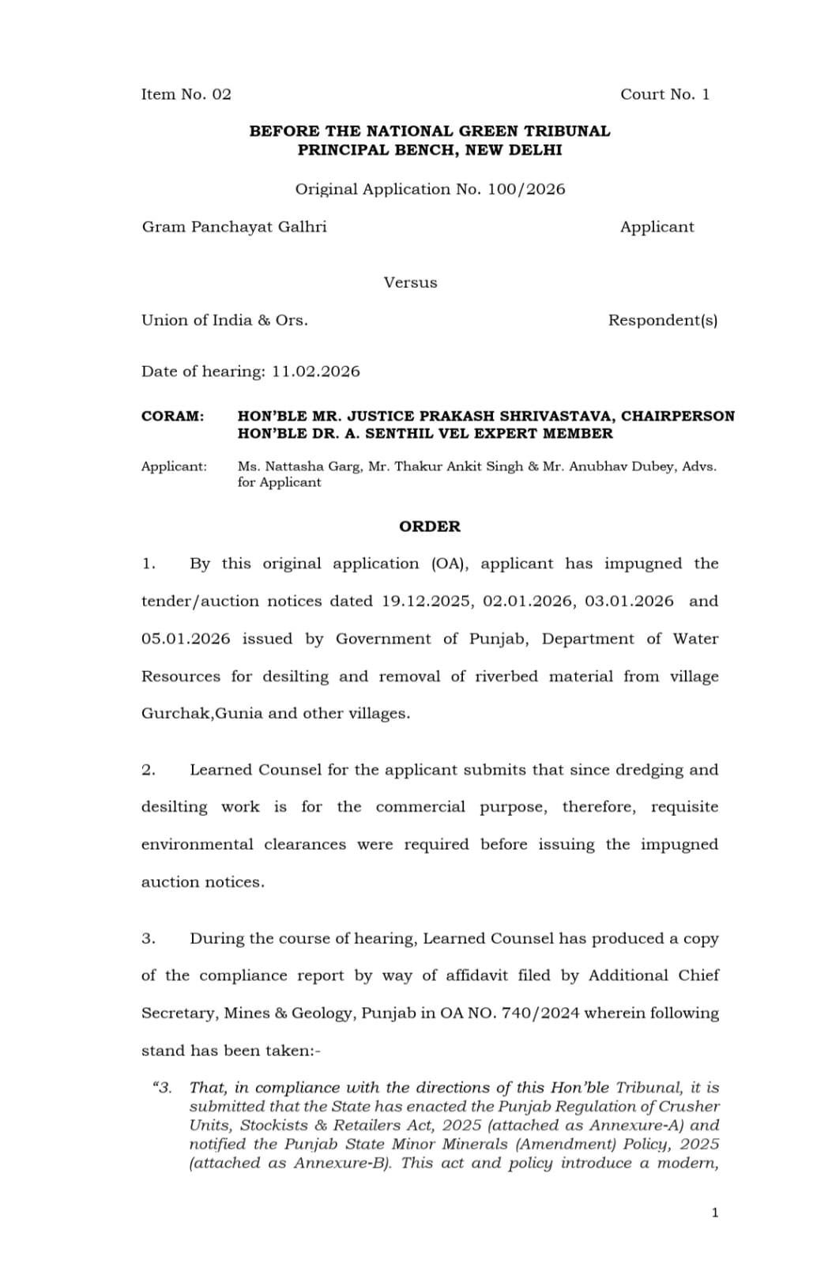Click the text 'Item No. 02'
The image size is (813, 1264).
coord(186,94)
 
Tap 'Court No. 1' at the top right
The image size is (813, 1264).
coord(664,94)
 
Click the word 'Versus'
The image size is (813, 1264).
coord(410,282)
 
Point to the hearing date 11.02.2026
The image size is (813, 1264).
coord(315,372)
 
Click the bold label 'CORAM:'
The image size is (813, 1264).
coord(172,416)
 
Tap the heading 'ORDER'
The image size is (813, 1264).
coord(429,526)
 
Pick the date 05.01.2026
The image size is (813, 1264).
coord(186,639)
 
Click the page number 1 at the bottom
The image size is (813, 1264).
coord(715,1213)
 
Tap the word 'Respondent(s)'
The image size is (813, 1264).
coord(662,320)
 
